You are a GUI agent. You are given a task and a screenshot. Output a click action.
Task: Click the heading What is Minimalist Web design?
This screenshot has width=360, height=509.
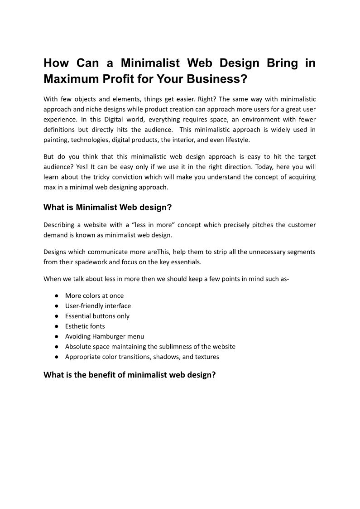click(x=108, y=207)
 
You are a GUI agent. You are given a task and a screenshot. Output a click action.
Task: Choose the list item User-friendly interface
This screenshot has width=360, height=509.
click(x=98, y=306)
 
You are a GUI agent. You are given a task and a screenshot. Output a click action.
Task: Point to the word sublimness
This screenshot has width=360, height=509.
click(x=173, y=347)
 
